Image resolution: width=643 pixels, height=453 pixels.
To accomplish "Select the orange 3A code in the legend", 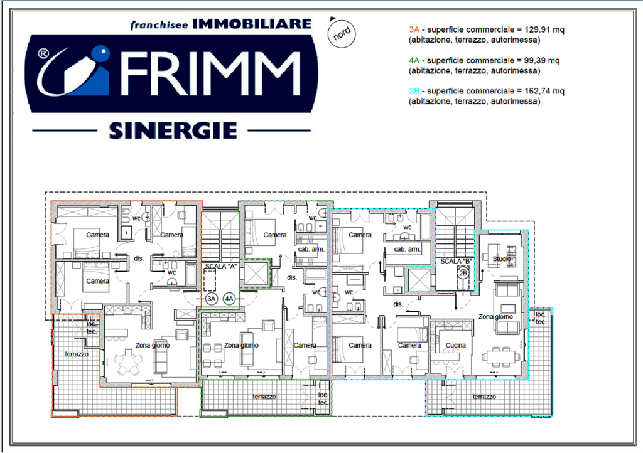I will (413, 29).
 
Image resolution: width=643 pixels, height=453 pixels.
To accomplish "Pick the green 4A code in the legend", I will (413, 61).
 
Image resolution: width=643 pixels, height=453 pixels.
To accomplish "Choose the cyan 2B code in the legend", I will (413, 91).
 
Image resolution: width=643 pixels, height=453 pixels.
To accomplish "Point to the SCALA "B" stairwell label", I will (456, 260).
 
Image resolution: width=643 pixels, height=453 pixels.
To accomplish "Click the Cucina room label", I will (456, 346).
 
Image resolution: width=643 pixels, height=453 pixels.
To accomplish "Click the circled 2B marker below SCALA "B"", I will (463, 273).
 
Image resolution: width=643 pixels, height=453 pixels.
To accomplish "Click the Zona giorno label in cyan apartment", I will (495, 317).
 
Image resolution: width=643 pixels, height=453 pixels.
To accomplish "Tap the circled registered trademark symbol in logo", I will (43, 55).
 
